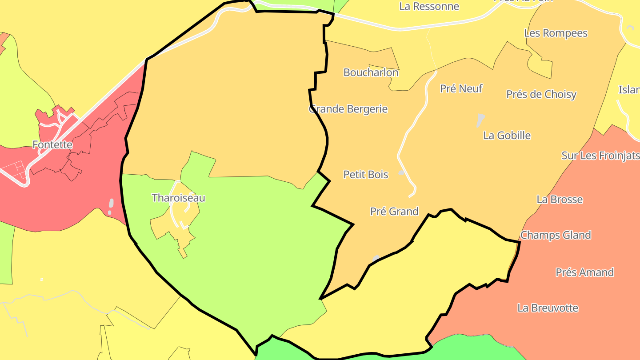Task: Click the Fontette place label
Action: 52,144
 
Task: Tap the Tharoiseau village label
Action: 178,198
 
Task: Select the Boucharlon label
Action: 371,72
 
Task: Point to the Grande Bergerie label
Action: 348,109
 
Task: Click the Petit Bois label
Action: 365,175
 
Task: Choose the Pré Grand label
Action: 394,212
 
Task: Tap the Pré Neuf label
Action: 461,88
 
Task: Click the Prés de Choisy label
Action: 541,94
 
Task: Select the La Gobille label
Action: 507,136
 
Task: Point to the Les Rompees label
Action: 556,33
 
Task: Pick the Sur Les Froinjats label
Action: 600,156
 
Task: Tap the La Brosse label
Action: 560,200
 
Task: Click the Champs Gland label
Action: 556,235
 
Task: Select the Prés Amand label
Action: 584,272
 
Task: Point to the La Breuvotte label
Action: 548,308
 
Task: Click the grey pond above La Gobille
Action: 480,119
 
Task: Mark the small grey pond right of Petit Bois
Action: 401,173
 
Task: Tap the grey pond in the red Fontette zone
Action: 111,205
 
